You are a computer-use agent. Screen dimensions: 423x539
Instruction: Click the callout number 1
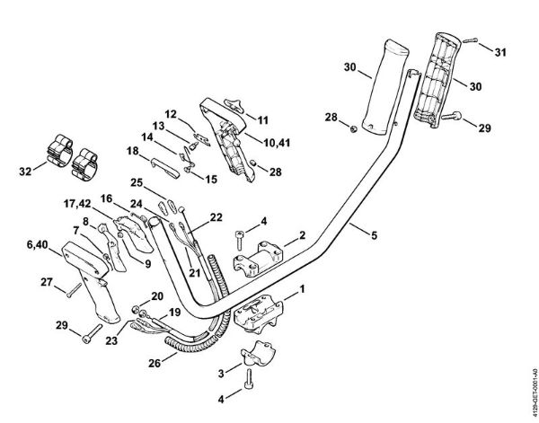point(303,289)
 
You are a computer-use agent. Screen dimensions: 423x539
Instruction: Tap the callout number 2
point(303,234)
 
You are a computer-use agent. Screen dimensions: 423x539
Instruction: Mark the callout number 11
point(263,119)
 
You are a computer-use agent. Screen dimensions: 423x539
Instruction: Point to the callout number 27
point(46,281)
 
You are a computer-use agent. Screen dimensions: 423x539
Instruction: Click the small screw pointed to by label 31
point(473,41)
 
